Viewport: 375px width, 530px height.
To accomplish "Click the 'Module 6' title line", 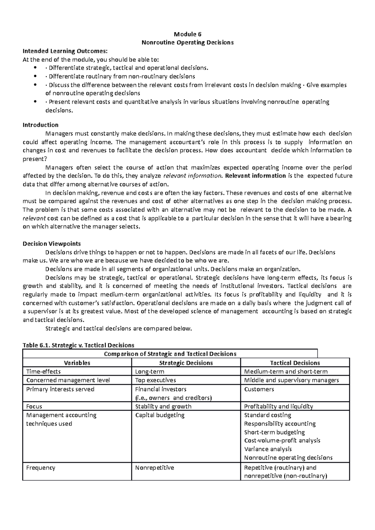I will pyautogui.click(x=187, y=34).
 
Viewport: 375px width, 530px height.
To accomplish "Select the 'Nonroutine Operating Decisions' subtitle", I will pyautogui.click(x=187, y=42).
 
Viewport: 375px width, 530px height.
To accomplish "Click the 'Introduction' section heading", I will pyautogui.click(x=41, y=125).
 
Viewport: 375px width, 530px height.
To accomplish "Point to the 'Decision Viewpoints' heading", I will pyautogui.click(x=52, y=243).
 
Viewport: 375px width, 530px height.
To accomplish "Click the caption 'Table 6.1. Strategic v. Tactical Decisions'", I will pyautogui.click(x=78, y=345).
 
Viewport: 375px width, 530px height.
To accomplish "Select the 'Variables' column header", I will pyautogui.click(x=77, y=363).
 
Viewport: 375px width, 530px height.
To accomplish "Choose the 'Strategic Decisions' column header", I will pyautogui.click(x=186, y=363).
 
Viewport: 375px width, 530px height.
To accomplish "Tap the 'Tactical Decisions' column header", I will pyautogui.click(x=295, y=363).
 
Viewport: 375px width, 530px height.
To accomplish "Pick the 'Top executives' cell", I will pyautogui.click(x=156, y=380).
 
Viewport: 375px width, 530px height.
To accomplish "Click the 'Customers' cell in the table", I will pyautogui.click(x=259, y=389).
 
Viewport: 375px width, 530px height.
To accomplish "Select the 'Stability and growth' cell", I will pyautogui.click(x=163, y=406).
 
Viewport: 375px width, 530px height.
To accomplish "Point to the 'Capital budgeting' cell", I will pyautogui.click(x=160, y=415).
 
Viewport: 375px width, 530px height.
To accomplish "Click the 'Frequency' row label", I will pyautogui.click(x=41, y=468).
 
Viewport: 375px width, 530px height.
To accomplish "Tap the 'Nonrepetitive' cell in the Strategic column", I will pyautogui.click(x=154, y=468).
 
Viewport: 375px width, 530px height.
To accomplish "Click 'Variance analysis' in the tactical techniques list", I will pyautogui.click(x=268, y=449).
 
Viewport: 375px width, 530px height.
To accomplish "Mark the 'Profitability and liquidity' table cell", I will pyautogui.click(x=278, y=406).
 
